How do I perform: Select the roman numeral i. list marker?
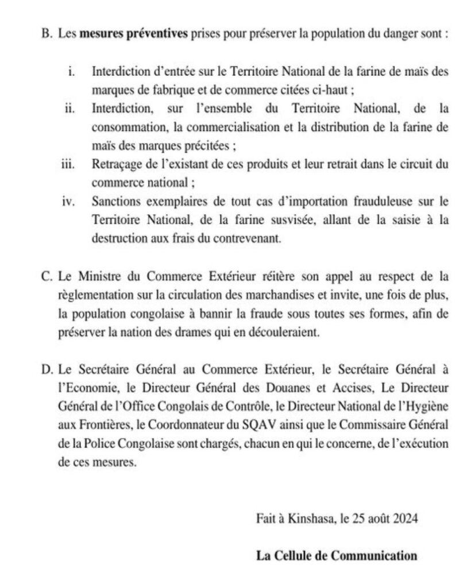point(72,73)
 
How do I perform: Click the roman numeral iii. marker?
point(68,164)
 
